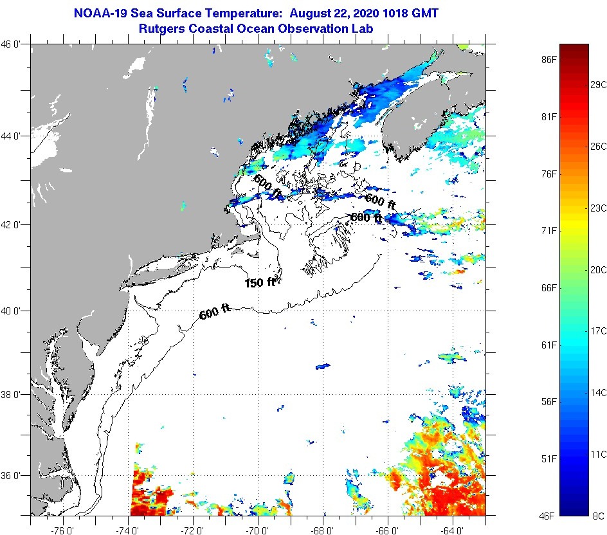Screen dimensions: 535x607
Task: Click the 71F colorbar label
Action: coord(548,231)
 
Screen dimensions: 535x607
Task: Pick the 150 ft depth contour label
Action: coord(260,282)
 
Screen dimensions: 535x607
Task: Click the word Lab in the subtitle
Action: coord(363,28)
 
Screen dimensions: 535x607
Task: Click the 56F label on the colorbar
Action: coord(548,402)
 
